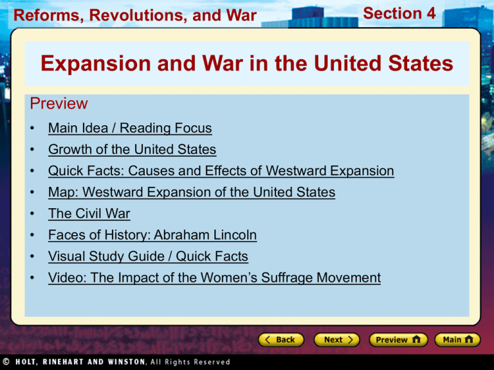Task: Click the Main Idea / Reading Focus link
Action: point(129,128)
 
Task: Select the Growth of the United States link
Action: point(132,150)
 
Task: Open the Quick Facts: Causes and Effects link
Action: point(221,171)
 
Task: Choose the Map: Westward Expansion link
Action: point(191,192)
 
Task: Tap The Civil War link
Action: point(89,214)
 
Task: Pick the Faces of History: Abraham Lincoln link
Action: point(152,235)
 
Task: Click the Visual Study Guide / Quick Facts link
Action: point(147,256)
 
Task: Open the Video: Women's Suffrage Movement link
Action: point(214,277)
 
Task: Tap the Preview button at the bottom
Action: point(397,339)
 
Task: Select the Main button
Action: point(456,339)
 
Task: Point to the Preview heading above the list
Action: point(58,104)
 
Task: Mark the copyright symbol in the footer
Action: point(6,362)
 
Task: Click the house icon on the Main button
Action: point(469,339)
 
